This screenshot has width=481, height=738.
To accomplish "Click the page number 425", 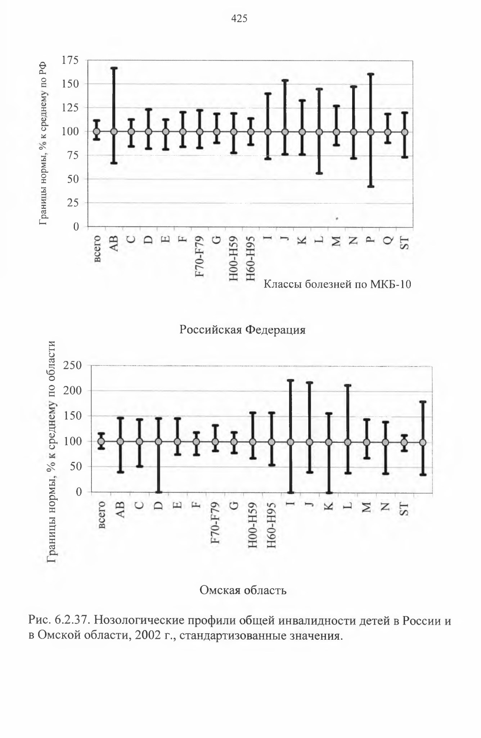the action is (239, 18).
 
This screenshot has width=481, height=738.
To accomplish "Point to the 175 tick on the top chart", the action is (70, 60).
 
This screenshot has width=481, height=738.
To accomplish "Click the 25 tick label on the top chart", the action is (73, 203).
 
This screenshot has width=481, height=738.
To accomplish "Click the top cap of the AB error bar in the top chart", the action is (114, 68).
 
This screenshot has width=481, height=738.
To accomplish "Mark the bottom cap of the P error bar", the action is (371, 186).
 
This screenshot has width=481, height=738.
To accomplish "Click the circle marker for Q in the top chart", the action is (388, 132).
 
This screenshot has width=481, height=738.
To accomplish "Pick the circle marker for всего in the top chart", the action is (96, 132).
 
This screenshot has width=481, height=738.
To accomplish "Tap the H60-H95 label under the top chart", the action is (251, 258).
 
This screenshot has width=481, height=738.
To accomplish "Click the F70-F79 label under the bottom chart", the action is (216, 523).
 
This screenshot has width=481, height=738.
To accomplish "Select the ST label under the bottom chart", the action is (405, 509).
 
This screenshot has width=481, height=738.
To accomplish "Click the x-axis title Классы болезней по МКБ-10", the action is (337, 284).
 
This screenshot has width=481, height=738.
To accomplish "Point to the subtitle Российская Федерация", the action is (242, 330).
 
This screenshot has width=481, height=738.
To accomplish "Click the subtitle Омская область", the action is (243, 590).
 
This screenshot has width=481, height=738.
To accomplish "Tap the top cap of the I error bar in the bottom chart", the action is (291, 380).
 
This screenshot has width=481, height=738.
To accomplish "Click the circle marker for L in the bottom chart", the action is (348, 442).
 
